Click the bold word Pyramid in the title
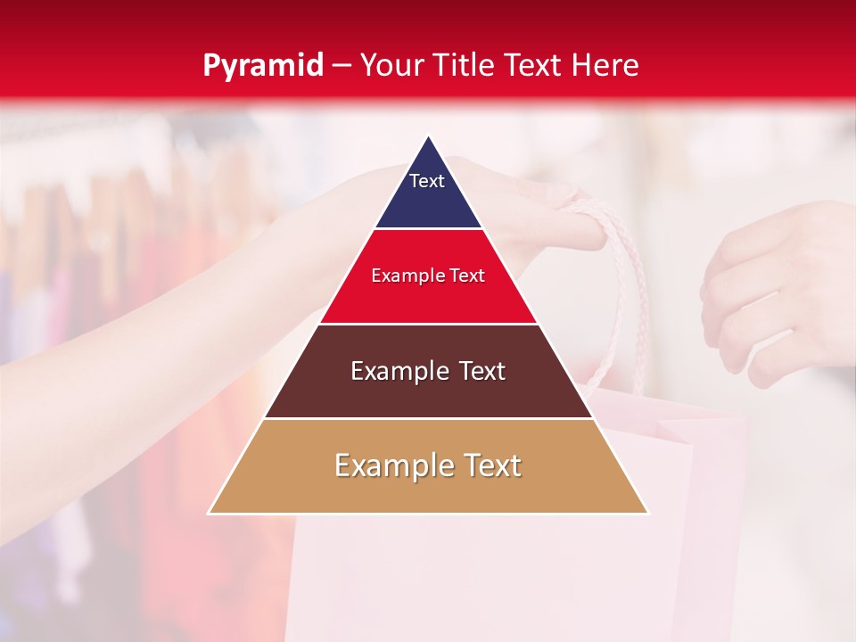(x=263, y=65)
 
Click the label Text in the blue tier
(x=427, y=181)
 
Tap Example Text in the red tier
(x=428, y=276)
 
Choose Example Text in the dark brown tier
(x=428, y=371)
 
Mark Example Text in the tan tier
(x=428, y=465)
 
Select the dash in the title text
(x=342, y=66)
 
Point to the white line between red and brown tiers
(x=428, y=324)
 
